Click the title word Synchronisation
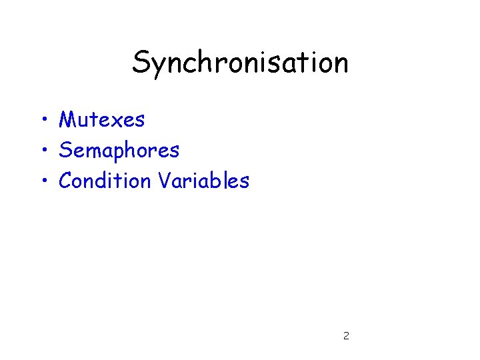[240, 63]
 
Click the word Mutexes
[101, 120]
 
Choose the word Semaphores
[119, 151]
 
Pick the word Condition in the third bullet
[105, 181]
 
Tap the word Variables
[203, 181]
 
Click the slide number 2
[345, 336]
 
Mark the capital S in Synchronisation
[141, 63]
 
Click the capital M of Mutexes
[67, 120]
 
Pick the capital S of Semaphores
[65, 151]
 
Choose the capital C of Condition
[66, 181]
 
